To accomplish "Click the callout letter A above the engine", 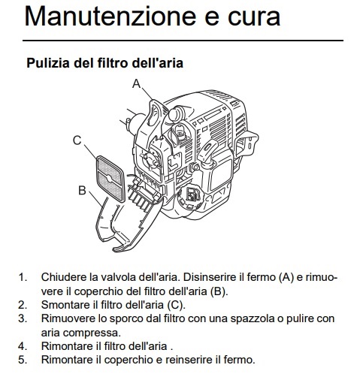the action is point(137,83).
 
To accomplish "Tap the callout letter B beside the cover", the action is point(82,190).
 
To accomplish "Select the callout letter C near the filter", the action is point(77,140).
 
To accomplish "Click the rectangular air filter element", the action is point(110,179).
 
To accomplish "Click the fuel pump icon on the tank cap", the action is point(192,195).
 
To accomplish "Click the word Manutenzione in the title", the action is point(110,17).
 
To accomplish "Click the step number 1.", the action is point(23,277).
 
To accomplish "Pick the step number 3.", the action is point(23,318).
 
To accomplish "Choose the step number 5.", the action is point(23,360).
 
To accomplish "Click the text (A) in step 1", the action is point(286,277).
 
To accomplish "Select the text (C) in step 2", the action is point(176,305).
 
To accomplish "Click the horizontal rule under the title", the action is point(183,41).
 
